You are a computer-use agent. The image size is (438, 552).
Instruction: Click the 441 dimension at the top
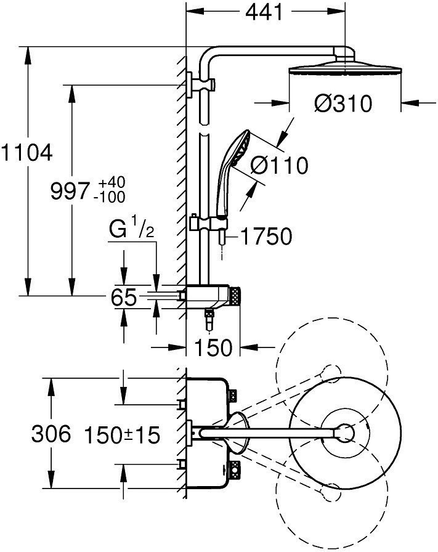[x=266, y=12]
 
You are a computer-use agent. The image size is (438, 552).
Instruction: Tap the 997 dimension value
[x=70, y=191]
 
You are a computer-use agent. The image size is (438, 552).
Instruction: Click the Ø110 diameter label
[x=280, y=165]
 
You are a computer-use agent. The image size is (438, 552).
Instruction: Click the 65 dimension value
[x=124, y=298]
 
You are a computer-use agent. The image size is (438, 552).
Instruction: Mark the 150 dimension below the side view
[x=214, y=348]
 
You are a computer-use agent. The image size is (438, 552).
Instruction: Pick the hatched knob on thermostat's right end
[x=237, y=298]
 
